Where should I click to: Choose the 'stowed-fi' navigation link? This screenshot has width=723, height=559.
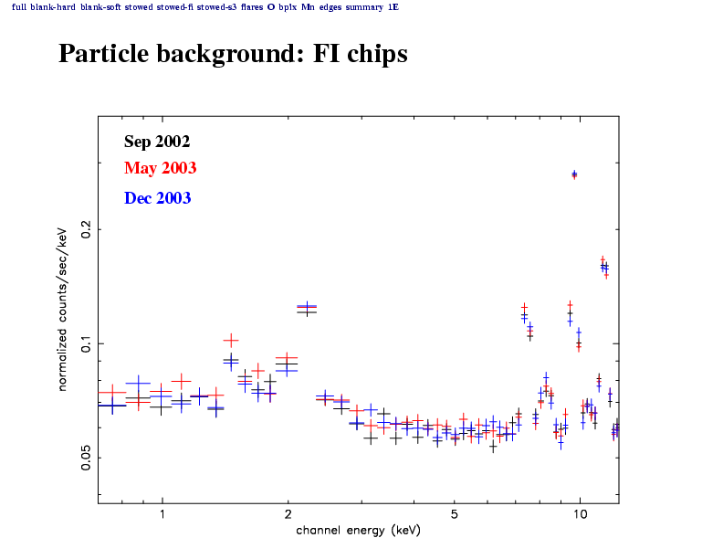176,6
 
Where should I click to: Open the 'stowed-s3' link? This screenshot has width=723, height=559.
215,6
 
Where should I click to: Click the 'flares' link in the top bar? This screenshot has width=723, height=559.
252,6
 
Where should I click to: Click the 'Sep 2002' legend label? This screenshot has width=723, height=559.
157,142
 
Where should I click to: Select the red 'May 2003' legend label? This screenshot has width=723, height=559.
160,169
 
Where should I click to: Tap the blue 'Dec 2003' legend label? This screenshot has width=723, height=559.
157,198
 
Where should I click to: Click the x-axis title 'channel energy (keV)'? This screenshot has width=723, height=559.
357,531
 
